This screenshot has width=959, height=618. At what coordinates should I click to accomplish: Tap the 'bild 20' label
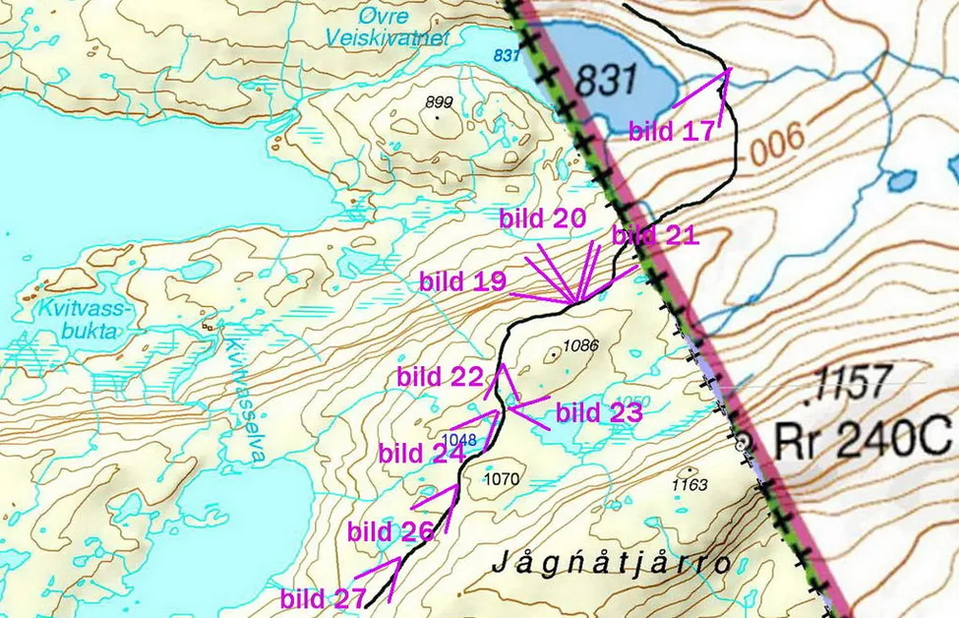tap(542, 218)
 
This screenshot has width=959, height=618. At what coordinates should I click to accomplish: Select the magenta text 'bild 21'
tap(655, 235)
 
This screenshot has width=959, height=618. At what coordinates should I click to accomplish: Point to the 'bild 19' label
tap(462, 281)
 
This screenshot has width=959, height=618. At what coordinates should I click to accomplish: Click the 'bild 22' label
tap(440, 376)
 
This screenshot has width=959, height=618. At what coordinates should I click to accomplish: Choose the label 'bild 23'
tap(599, 412)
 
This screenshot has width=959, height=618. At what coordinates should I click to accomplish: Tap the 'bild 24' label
tap(421, 454)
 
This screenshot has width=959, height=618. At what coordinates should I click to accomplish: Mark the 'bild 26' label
tap(390, 531)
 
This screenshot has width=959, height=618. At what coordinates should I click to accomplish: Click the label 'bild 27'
tap(323, 597)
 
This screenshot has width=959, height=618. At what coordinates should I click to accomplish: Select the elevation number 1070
tap(502, 479)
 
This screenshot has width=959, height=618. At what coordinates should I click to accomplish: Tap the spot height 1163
tap(689, 484)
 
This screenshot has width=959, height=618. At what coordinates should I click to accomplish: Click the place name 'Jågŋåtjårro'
tap(611, 564)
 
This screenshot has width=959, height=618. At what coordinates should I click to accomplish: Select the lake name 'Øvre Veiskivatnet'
tap(390, 29)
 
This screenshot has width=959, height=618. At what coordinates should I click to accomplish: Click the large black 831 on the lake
tap(607, 79)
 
